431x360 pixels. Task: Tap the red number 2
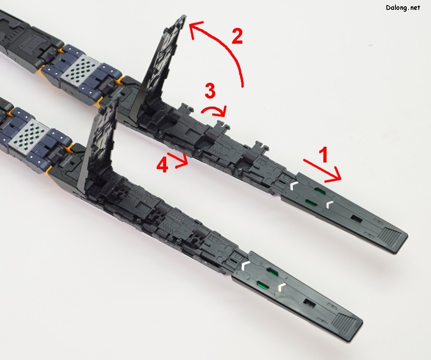237,36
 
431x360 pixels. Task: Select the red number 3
210,91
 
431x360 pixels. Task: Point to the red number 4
162,165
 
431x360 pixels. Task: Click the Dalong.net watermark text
403,8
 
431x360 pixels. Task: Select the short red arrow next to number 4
178,160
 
